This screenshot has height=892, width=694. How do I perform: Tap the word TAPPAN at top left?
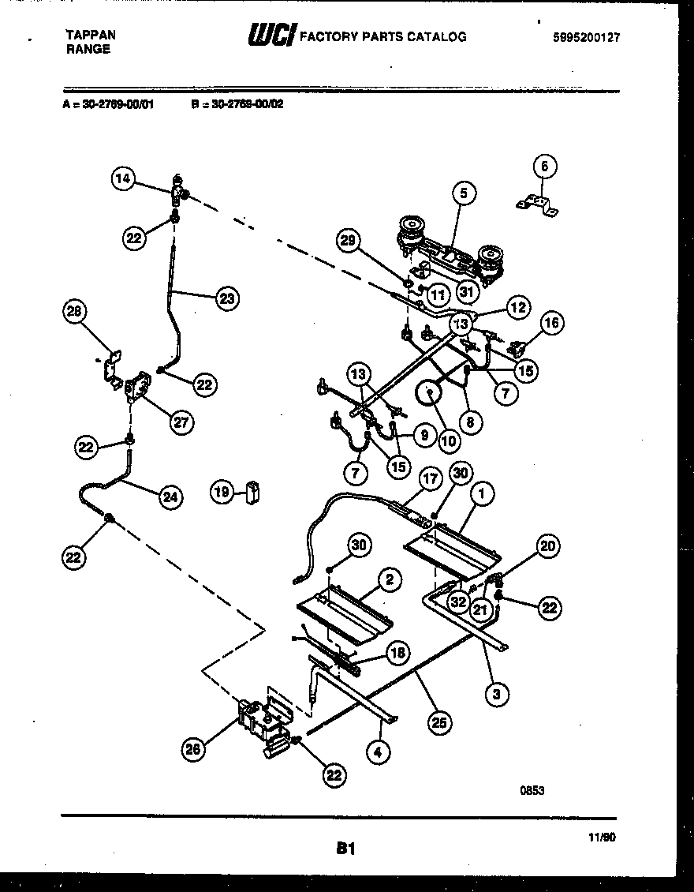(x=89, y=35)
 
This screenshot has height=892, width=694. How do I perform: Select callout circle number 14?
(x=122, y=179)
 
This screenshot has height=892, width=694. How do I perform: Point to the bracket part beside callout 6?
(x=538, y=205)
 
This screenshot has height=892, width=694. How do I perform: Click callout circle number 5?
(x=464, y=193)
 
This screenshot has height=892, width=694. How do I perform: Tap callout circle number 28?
(x=74, y=313)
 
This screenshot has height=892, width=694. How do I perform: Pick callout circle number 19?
(x=222, y=493)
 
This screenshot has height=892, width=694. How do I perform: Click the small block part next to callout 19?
(x=252, y=492)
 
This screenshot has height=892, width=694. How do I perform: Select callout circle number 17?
(x=430, y=478)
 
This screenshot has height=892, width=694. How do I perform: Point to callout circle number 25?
(x=440, y=721)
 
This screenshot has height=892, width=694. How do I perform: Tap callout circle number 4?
(x=379, y=752)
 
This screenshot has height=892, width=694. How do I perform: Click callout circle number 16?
(x=551, y=322)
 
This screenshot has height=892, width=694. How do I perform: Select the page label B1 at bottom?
(x=345, y=849)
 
